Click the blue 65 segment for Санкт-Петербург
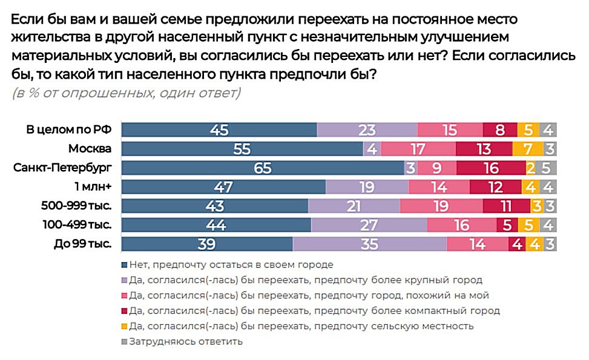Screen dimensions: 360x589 pyautogui.click(x=263, y=168)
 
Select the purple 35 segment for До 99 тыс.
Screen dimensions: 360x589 pyautogui.click(x=369, y=244)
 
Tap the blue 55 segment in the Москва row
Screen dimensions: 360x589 pyautogui.click(x=242, y=148)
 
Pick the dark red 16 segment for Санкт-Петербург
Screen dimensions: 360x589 pyautogui.click(x=490, y=168)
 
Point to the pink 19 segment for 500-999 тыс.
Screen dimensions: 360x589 pyautogui.click(x=441, y=206)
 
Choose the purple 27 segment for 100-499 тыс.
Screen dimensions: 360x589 pyautogui.click(x=369, y=225)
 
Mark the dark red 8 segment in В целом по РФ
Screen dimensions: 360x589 pyautogui.click(x=500, y=129)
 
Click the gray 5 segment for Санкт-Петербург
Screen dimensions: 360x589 pyautogui.click(x=547, y=168)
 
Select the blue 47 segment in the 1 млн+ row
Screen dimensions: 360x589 pyautogui.click(x=223, y=187)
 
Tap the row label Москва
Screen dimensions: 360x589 pyautogui.click(x=90, y=148)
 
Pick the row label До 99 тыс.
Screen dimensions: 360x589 pyautogui.click(x=83, y=244)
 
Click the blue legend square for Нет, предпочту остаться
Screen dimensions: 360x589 pyautogui.click(x=125, y=264)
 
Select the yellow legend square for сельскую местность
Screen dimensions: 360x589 pyautogui.click(x=125, y=326)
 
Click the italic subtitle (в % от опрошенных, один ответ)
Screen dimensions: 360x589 pyautogui.click(x=126, y=93)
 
